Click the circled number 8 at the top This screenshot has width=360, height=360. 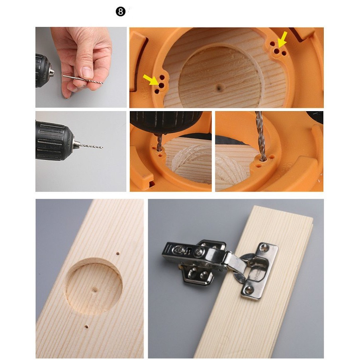(x=121, y=12)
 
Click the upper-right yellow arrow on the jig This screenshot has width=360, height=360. (x=282, y=39)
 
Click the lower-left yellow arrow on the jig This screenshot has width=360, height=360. (x=151, y=79)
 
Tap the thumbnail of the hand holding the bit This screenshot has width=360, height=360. (x=81, y=67)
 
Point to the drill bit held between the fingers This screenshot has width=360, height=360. (x=83, y=79)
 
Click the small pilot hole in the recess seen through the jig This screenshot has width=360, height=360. (x=219, y=87)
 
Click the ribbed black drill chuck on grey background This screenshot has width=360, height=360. (x=54, y=141)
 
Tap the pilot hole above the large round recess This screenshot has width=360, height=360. (x=118, y=254)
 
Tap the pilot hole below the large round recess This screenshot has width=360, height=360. (x=86, y=326)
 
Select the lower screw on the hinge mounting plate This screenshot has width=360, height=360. (x=249, y=289)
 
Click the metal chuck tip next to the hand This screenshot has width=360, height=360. (x=52, y=72)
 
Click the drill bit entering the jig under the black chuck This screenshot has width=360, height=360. (x=159, y=142)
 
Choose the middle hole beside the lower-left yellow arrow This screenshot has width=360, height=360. (x=161, y=85)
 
